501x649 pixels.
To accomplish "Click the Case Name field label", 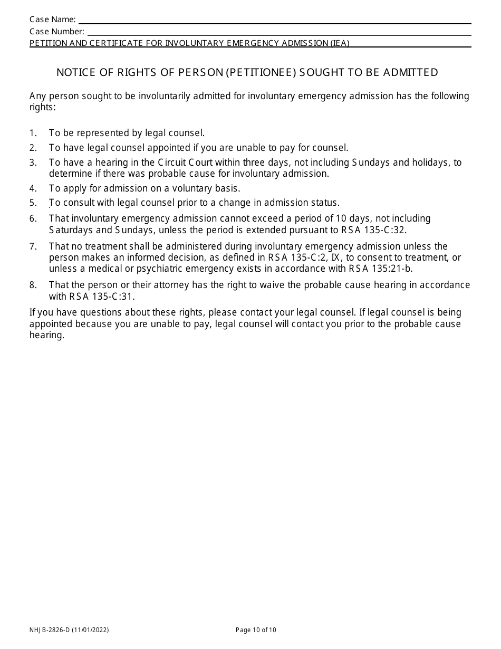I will pyautogui.click(x=53, y=20).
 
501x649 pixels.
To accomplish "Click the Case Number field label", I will pyautogui.click(x=57, y=31).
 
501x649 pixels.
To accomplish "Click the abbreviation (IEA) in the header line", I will pyautogui.click(x=340, y=43).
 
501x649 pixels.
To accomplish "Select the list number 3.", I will pyautogui.click(x=33, y=163).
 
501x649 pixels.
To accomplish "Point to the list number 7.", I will pyautogui.click(x=33, y=246).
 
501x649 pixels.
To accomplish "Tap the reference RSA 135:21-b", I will pyautogui.click(x=381, y=269).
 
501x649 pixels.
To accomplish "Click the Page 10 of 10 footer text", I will pyautogui.click(x=256, y=629).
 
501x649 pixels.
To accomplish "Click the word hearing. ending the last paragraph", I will pyautogui.click(x=47, y=335).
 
